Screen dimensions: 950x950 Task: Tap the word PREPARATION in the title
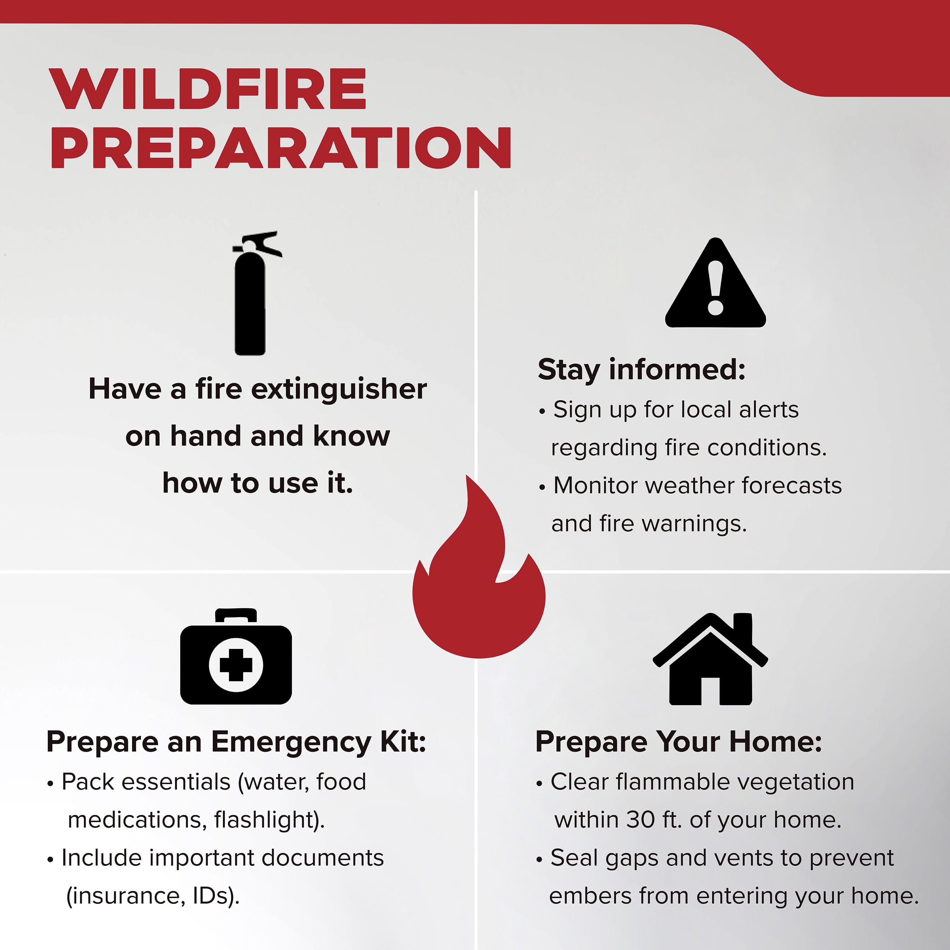281,148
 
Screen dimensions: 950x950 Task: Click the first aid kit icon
236,656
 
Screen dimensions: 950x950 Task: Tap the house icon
710,659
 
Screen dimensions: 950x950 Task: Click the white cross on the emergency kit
236,665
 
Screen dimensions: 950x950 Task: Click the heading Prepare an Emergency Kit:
236,742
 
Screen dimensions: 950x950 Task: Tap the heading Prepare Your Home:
679,742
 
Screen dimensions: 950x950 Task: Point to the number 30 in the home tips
641,820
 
